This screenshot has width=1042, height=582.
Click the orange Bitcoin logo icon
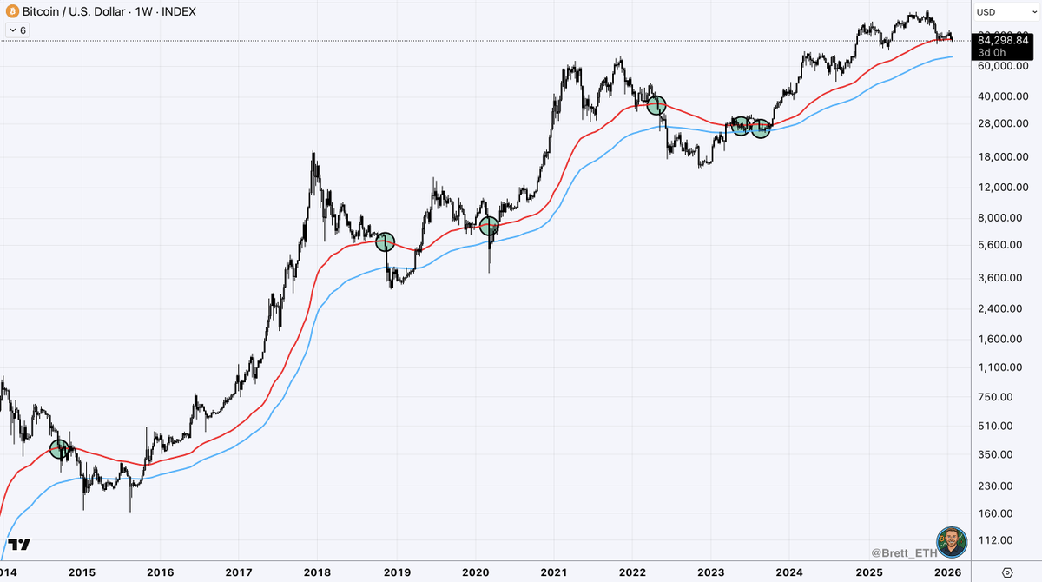(11, 11)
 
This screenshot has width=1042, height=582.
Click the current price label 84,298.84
(1006, 38)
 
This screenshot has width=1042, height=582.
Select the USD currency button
(986, 11)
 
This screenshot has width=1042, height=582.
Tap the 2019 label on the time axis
(397, 572)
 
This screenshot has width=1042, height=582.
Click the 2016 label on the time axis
(161, 572)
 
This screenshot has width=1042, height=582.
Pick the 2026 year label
(946, 572)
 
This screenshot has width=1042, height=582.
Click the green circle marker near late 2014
(59, 449)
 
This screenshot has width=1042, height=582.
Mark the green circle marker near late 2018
(385, 241)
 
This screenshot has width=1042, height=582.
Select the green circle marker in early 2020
(489, 226)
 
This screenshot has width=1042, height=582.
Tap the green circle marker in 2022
(656, 105)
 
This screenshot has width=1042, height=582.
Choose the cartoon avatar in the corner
(952, 542)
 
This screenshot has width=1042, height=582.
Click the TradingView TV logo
(20, 545)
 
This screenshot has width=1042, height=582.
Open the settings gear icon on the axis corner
(1007, 572)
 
